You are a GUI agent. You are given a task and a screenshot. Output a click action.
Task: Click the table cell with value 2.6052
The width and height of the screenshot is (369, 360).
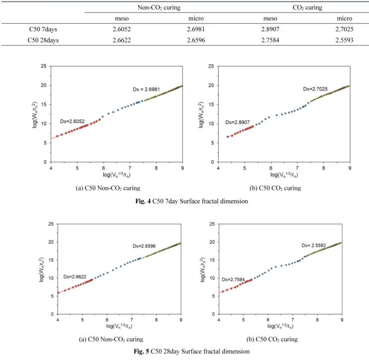tap(121, 29)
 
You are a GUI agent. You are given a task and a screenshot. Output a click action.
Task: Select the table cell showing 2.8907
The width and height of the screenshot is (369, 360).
tap(270, 29)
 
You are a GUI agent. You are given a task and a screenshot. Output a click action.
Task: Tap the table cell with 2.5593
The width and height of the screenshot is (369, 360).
tap(344, 40)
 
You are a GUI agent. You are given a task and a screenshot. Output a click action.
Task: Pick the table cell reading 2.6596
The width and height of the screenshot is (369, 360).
tap(196, 40)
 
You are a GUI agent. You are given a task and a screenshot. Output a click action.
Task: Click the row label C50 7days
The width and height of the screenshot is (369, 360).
tap(43, 29)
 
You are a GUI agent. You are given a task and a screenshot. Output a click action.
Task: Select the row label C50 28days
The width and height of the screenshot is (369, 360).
tap(43, 40)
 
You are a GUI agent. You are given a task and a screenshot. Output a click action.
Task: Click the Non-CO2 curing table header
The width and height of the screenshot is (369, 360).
tap(159, 7)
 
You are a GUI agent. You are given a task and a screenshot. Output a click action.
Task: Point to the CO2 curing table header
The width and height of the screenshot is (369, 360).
tap(307, 7)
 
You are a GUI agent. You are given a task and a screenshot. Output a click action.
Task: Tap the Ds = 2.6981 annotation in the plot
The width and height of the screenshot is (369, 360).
tap(146, 90)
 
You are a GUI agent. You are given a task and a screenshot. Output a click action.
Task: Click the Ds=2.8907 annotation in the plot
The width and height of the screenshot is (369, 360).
tap(237, 122)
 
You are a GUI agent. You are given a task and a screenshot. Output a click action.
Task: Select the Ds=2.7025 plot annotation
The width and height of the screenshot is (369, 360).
tap(315, 89)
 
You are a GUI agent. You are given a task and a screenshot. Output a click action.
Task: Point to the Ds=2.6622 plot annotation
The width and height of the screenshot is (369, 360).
tap(75, 276)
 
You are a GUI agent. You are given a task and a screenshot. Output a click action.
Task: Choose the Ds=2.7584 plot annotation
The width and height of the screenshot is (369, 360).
tap(233, 279)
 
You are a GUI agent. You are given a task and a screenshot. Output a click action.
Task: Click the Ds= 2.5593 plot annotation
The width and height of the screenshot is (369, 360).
tap(313, 246)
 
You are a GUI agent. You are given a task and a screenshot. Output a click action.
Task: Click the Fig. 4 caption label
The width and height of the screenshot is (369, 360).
tap(143, 201)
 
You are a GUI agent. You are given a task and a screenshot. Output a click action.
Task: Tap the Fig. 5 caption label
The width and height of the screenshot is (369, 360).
tap(141, 351)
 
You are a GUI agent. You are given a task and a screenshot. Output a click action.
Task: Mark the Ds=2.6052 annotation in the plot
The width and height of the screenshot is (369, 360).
tap(72, 121)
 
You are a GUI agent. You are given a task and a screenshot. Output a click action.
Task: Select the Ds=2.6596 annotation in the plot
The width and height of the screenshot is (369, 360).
tap(144, 246)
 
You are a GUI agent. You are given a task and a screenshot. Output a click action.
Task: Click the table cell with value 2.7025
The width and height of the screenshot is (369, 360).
tap(344, 29)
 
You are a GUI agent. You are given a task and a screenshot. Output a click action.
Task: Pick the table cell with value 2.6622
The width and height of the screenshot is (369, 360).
tap(121, 40)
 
